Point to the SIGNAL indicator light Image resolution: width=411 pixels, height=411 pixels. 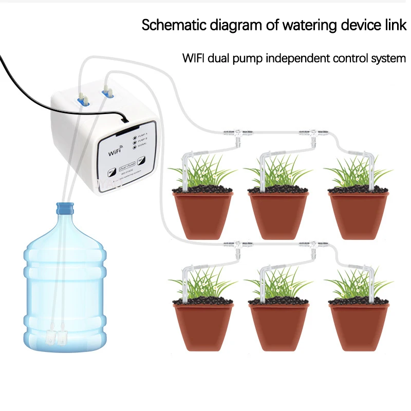coord(134,147)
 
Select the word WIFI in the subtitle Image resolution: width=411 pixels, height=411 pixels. coord(194,58)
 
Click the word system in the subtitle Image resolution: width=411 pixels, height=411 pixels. coord(389,58)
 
